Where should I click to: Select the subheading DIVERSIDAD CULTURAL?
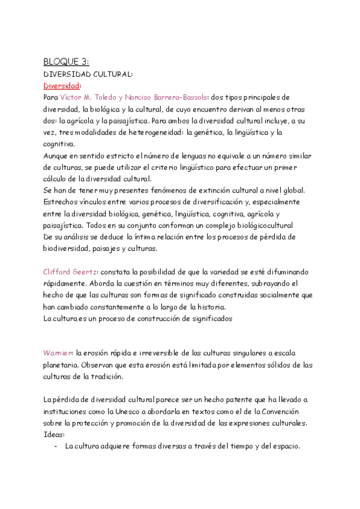pyautogui.click(x=88, y=74)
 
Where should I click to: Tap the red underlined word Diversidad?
pyautogui.click(x=61, y=85)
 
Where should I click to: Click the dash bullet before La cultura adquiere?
pyautogui.click(x=55, y=447)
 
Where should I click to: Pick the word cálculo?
pyautogui.click(x=56, y=178)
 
